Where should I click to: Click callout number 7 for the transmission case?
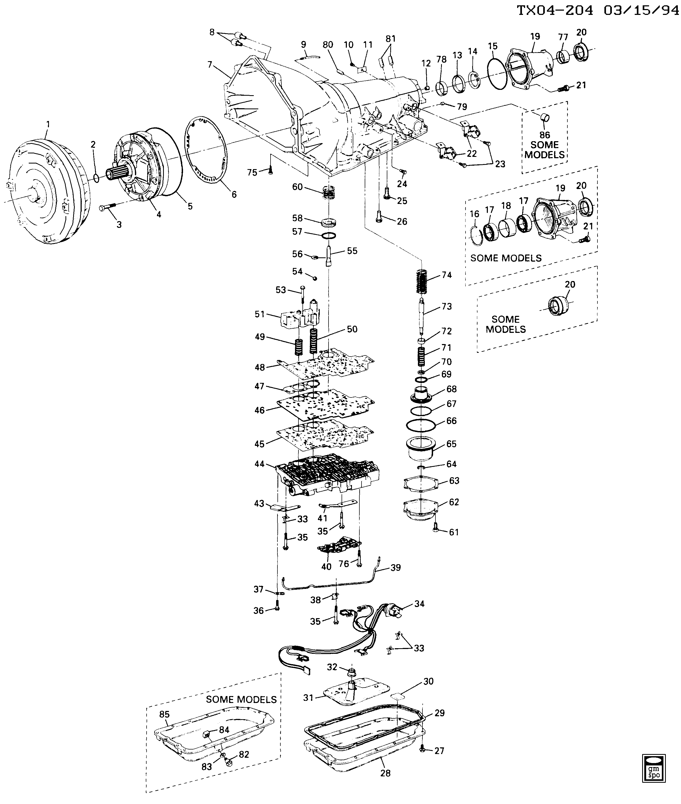pyautogui.click(x=210, y=64)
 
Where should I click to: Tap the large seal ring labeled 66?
pyautogui.click(x=421, y=425)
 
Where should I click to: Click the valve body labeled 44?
pyautogui.click(x=327, y=475)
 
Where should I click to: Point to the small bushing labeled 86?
pyautogui.click(x=545, y=117)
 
